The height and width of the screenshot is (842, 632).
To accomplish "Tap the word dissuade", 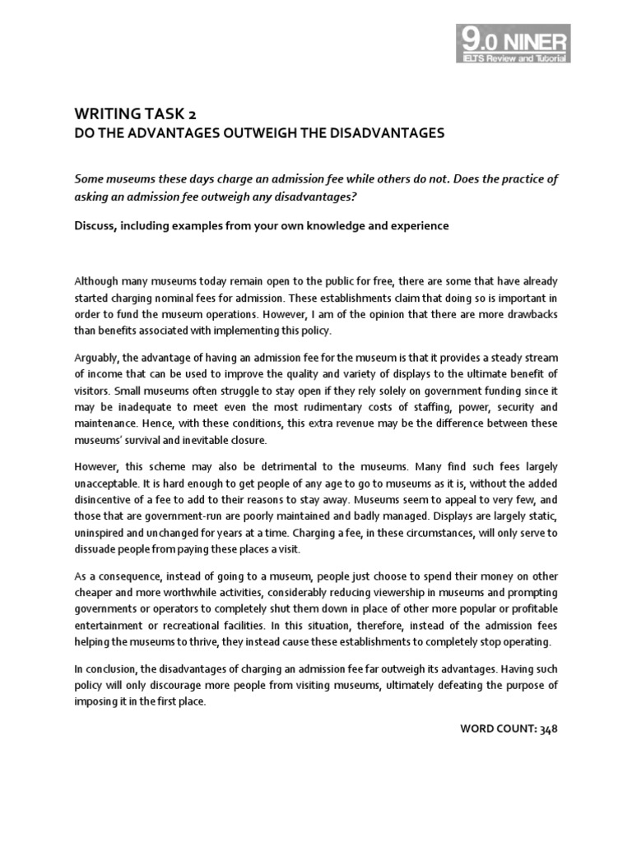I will [97, 548].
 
